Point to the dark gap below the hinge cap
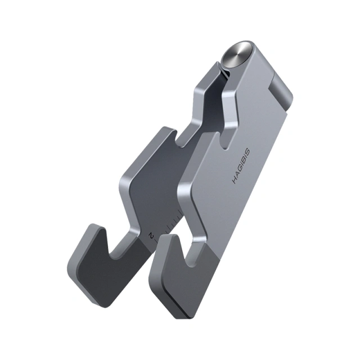pyautogui.click(x=223, y=73)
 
